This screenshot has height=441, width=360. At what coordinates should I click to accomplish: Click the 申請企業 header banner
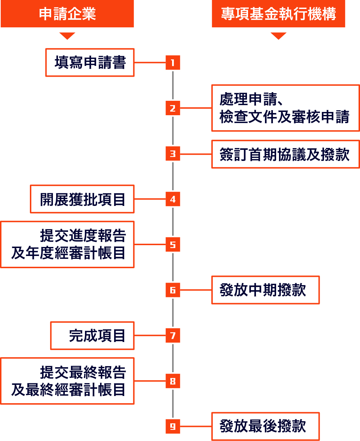67,14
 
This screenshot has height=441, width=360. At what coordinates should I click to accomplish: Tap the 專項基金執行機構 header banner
278,14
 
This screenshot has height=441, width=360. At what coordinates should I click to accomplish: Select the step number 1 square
173,63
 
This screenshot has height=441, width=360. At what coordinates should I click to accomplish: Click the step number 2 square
173,108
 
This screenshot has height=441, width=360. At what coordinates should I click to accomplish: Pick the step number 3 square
173,154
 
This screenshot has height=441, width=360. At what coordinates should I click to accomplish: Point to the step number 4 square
173,199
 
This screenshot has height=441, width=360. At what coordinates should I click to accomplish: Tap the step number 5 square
173,245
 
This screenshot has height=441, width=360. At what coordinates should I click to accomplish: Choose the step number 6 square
173,290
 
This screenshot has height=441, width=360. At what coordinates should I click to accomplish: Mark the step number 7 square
173,336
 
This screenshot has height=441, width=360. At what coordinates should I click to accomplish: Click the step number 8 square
173,381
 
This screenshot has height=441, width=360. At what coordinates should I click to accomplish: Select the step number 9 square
173,426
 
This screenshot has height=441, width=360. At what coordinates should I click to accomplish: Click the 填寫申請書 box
90,63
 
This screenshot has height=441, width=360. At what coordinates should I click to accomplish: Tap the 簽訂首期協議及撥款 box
285,154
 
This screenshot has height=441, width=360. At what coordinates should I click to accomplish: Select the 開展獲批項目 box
82,199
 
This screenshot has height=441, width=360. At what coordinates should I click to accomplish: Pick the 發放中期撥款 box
265,290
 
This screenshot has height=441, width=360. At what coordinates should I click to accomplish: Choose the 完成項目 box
92,336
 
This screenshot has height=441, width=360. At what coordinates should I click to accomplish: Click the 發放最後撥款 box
265,426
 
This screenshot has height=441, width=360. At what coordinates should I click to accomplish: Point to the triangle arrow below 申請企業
67,36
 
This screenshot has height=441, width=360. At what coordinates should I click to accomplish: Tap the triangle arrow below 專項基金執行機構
278,36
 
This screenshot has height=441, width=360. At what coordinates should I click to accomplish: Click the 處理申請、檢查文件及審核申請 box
285,108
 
